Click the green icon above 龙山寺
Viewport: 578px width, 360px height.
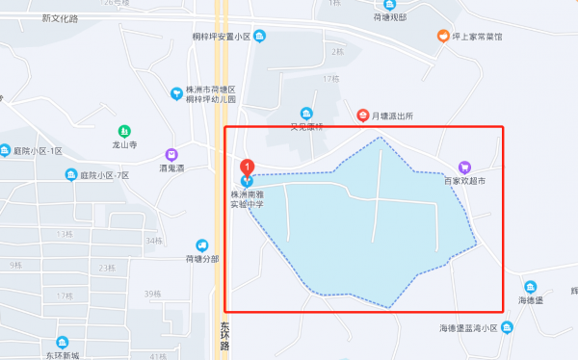click(x=124, y=131)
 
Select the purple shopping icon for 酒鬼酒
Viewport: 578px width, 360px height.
click(x=171, y=154)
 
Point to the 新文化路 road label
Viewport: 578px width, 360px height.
click(x=61, y=18)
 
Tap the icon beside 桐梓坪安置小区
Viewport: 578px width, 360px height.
click(x=261, y=37)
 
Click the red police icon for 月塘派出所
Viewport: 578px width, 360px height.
click(x=362, y=116)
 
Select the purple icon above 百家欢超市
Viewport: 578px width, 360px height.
click(x=464, y=167)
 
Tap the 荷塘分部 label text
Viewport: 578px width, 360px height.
click(x=202, y=259)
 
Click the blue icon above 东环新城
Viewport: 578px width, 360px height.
click(x=63, y=343)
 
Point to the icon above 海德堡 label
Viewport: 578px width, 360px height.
click(x=531, y=287)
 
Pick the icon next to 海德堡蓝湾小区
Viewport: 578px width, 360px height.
click(x=508, y=328)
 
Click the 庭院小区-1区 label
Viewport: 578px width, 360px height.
click(x=38, y=151)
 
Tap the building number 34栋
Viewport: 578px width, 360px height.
click(x=154, y=241)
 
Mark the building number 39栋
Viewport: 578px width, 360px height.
click(x=151, y=294)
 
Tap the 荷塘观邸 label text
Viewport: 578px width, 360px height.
click(x=390, y=17)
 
